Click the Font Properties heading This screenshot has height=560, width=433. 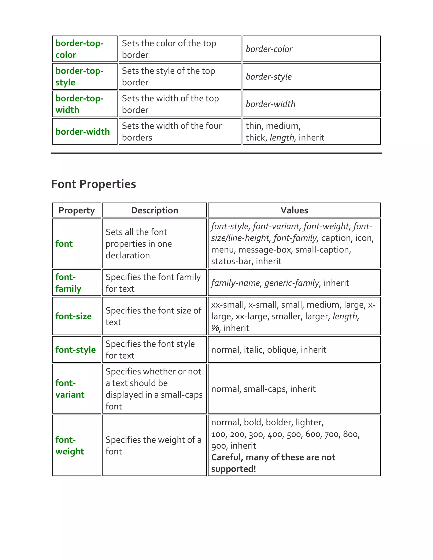[93, 184]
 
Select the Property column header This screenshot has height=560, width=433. [77, 210]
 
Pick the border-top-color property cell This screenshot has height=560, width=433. [79, 49]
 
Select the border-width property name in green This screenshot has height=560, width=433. [83, 131]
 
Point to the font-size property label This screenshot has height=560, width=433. [73, 316]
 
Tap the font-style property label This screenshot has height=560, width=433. [75, 350]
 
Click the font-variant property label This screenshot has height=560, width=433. [70, 389]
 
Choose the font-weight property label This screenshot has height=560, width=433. [70, 445]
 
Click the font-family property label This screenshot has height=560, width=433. [68, 283]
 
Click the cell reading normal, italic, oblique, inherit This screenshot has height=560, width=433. [269, 350]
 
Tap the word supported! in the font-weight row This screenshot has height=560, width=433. [233, 469]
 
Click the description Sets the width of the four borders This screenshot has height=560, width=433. [172, 131]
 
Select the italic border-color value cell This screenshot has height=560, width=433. [269, 49]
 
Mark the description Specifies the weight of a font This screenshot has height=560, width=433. [153, 445]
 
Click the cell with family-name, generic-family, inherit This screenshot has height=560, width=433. [280, 283]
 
